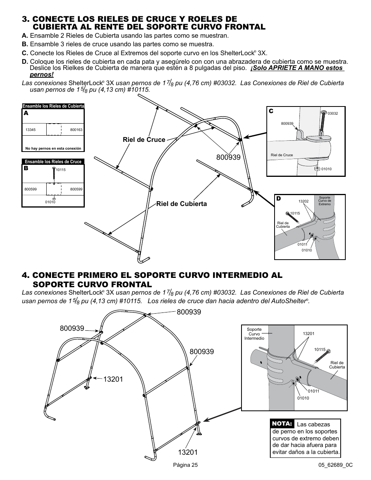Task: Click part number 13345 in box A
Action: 30,130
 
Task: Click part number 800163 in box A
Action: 76,130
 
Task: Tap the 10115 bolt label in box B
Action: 60,169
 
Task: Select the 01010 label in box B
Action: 50,202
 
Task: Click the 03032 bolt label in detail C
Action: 332,113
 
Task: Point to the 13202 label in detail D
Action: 303,201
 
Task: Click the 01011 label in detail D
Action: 302,244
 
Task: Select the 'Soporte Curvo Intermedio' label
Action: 254,333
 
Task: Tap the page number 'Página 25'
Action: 185,465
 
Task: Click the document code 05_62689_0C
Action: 335,465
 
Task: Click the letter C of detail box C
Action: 271,111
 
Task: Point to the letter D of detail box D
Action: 278,199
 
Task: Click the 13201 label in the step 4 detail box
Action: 308,333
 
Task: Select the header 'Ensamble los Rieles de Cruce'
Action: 53,162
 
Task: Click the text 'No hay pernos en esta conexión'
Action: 53,148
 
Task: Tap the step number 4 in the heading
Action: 26,275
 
